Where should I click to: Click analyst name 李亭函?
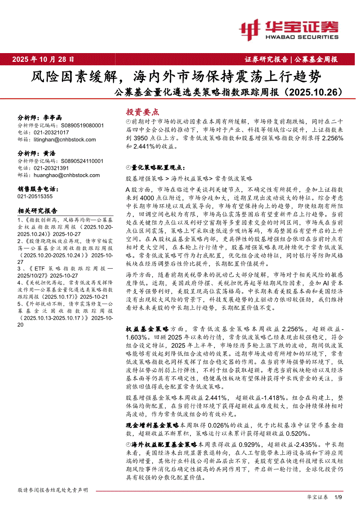pos(53,117)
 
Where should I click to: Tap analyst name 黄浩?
pos(49,153)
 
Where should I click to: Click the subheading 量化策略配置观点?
pos(158,167)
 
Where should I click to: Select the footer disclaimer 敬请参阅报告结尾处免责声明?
pos(52,490)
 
